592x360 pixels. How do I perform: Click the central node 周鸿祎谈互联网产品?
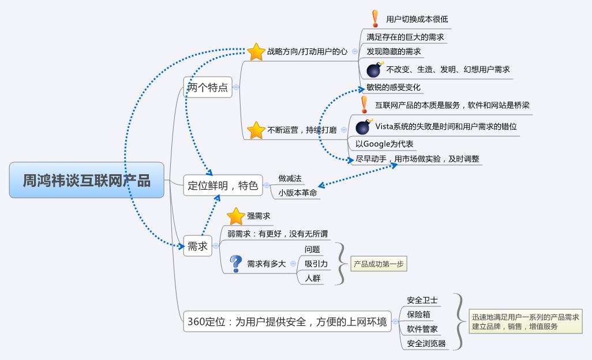pyautogui.click(x=87, y=181)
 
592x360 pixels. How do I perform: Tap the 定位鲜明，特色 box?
pyautogui.click(x=223, y=186)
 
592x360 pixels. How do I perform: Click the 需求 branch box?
pyautogui.click(x=197, y=246)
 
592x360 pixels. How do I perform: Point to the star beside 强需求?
pyautogui.click(x=236, y=216)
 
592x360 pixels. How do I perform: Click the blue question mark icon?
pyautogui.click(x=235, y=264)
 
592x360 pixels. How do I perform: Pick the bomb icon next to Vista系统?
pyautogui.click(x=364, y=126)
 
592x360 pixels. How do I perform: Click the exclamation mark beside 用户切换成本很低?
pyautogui.click(x=375, y=18)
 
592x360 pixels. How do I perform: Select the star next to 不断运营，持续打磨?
pyautogui.click(x=256, y=130)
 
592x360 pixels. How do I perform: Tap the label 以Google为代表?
pyautogui.click(x=384, y=144)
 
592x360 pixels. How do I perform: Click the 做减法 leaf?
pyautogui.click(x=290, y=178)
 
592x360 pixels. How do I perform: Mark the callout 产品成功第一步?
pyautogui.click(x=379, y=264)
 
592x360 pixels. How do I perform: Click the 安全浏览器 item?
pyautogui.click(x=426, y=343)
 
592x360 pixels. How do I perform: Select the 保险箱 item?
pyautogui.click(x=418, y=315)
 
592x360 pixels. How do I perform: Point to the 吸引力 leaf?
pyautogui.click(x=316, y=264)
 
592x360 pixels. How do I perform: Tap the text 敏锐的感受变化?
pyautogui.click(x=394, y=88)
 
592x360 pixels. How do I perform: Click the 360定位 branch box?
pyautogui.click(x=286, y=322)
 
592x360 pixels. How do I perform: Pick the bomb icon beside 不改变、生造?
pyautogui.click(x=374, y=70)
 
